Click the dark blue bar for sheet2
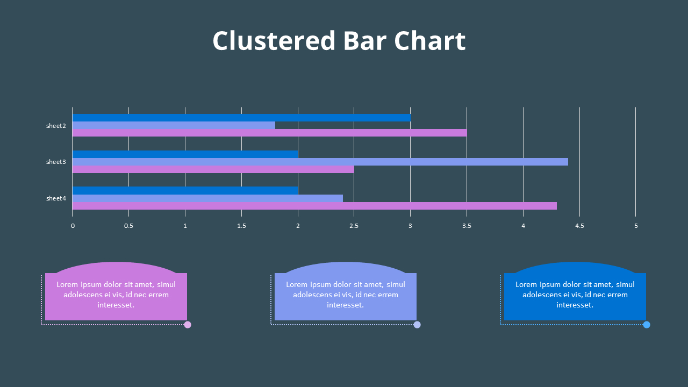point(241,118)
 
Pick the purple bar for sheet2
point(269,133)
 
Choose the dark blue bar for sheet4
point(185,190)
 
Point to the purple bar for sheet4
point(314,206)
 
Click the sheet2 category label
point(56,126)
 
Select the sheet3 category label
point(56,162)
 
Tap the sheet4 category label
point(56,198)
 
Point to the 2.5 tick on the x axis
point(354,226)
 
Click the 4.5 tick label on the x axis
point(579,226)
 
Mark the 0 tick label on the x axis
point(73,226)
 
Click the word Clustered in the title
point(274,41)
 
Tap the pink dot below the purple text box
point(188,325)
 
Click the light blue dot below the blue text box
point(647,325)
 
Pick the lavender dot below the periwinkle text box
point(417,325)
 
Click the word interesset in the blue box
point(574,305)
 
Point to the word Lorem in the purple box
point(67,284)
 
